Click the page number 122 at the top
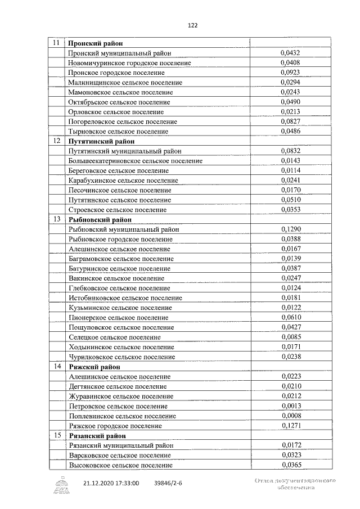(192, 25)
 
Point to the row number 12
(56, 141)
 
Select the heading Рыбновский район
(100, 219)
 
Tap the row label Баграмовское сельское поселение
(120, 259)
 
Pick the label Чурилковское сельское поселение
(120, 357)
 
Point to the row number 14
(56, 366)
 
